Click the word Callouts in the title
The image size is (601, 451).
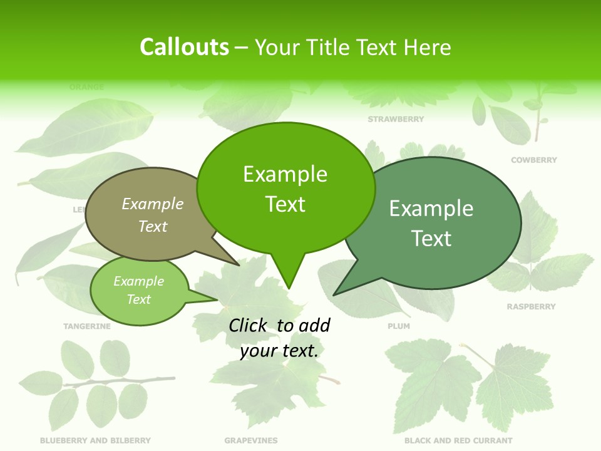click(184, 47)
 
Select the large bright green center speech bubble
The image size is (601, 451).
click(285, 188)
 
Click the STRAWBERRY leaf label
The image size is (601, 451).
click(396, 119)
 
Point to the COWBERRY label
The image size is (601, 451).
click(533, 160)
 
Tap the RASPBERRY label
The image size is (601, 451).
click(531, 307)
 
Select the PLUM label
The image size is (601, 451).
click(399, 326)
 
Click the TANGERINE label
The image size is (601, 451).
click(87, 326)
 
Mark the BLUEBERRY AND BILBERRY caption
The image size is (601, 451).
click(95, 440)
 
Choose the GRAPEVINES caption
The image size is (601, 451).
click(251, 440)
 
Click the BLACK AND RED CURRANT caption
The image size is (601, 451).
click(458, 440)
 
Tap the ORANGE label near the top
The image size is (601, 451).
click(86, 87)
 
